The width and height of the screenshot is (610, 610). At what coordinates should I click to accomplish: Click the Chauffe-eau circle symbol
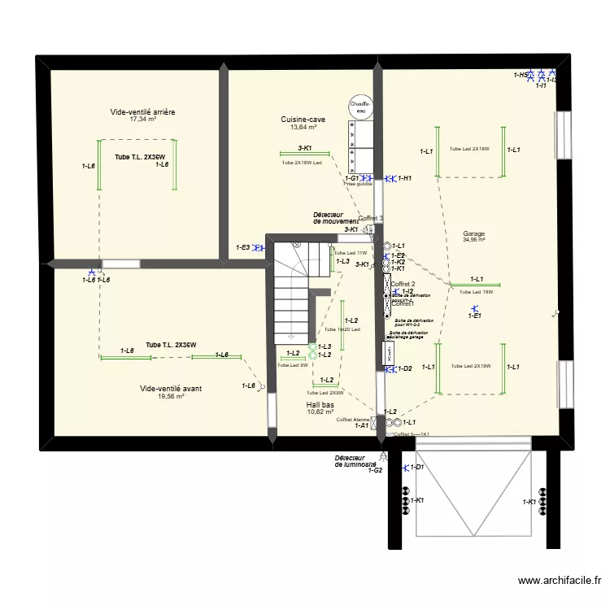pyautogui.click(x=359, y=108)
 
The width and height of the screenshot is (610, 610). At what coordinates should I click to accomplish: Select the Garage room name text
pyautogui.click(x=473, y=233)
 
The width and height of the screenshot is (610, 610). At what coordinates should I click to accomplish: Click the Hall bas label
pyautogui.click(x=320, y=404)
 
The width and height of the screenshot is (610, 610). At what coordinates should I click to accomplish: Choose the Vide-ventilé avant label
pyautogui.click(x=171, y=389)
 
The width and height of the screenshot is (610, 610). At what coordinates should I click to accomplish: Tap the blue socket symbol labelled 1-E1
pyautogui.click(x=475, y=308)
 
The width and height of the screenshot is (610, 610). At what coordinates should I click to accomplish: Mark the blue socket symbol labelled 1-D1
pyautogui.click(x=406, y=467)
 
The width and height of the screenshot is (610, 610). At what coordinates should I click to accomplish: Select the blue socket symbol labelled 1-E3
pyautogui.click(x=256, y=247)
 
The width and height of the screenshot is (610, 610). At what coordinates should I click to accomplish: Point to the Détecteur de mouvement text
pyautogui.click(x=335, y=218)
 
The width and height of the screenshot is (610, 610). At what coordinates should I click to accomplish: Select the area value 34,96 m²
pyautogui.click(x=473, y=240)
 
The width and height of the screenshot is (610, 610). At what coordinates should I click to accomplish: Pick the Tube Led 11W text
pyautogui.click(x=351, y=253)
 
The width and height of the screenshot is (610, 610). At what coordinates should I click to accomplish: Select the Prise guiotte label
pyautogui.click(x=358, y=185)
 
